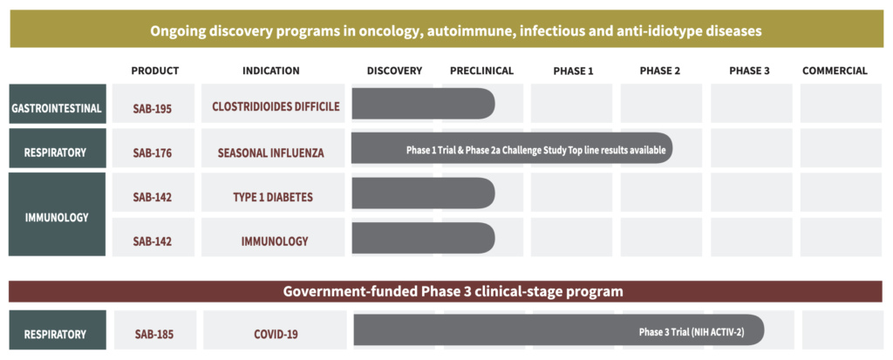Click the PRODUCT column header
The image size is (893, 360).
click(x=155, y=71)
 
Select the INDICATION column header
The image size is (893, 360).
click(x=271, y=71)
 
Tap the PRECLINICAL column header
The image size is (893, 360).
click(x=481, y=71)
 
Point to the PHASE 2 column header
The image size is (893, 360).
click(x=660, y=71)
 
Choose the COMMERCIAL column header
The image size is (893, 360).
click(x=835, y=71)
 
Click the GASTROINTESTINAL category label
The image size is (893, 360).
click(x=57, y=108)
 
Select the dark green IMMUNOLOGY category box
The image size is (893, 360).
click(x=57, y=214)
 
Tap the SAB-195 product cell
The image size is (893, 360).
click(x=153, y=108)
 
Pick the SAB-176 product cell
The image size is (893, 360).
click(x=153, y=153)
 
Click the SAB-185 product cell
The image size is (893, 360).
click(x=155, y=335)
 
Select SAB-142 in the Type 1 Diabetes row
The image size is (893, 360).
click(x=153, y=197)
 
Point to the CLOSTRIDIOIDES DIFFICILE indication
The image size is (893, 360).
click(x=276, y=106)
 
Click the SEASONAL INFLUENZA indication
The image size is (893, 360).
click(x=271, y=153)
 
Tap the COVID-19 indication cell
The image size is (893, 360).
click(x=275, y=335)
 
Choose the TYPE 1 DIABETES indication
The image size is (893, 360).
click(x=273, y=197)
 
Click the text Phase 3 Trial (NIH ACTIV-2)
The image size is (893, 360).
click(x=692, y=333)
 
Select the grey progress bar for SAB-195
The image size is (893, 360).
click(x=423, y=104)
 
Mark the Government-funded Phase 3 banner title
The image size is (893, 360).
click(x=453, y=292)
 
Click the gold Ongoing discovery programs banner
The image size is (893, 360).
click(x=446, y=29)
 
